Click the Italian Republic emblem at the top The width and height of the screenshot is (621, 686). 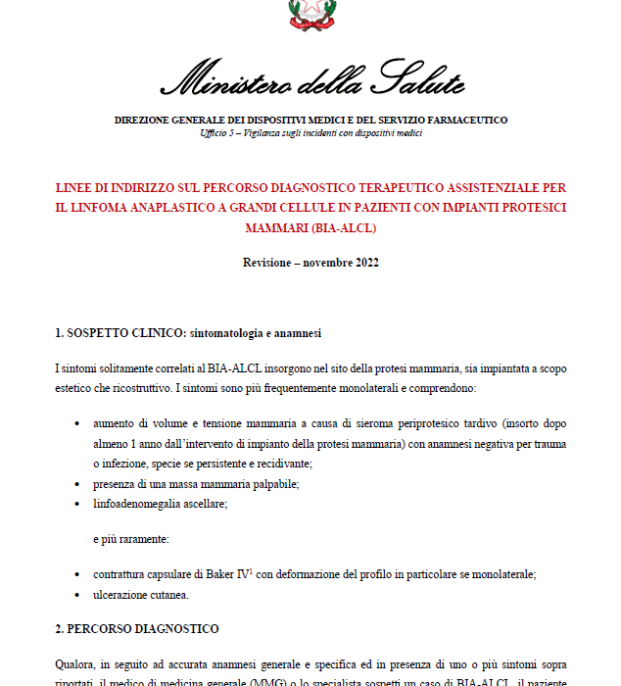[x=310, y=14]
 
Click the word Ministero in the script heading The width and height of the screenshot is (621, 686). [x=222, y=80]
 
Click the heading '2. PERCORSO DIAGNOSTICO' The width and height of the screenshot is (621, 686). [x=136, y=628]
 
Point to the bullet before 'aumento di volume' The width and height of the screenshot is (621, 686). [x=77, y=425]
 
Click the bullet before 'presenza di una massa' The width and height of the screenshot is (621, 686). [x=77, y=483]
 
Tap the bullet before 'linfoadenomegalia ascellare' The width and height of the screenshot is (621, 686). [x=77, y=503]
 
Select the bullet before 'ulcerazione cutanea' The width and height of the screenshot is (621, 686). [x=77, y=595]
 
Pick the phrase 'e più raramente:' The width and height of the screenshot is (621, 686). [x=130, y=539]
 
